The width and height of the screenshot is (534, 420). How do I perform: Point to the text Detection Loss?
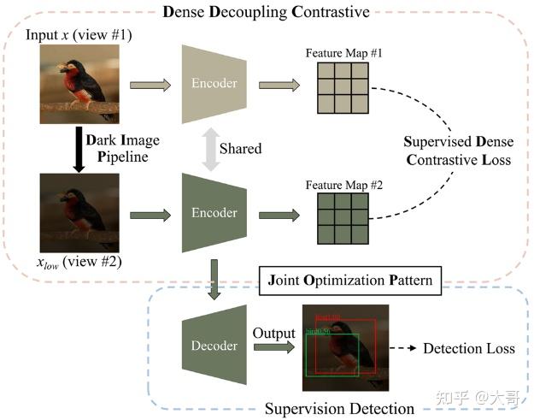coord(469,348)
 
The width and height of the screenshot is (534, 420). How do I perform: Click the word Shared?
coord(240,149)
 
